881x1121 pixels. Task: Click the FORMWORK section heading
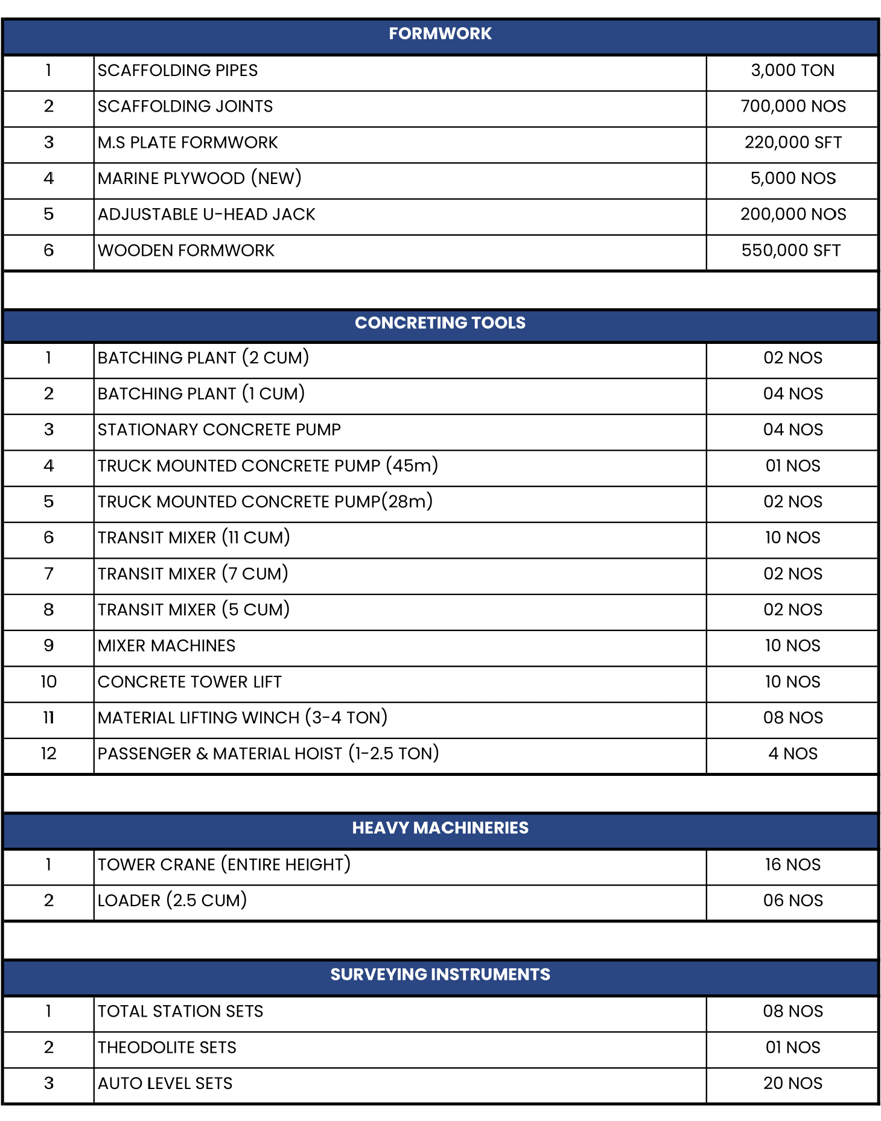[440, 34]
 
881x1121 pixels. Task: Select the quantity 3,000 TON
[792, 71]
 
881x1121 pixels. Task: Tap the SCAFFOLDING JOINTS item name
[185, 107]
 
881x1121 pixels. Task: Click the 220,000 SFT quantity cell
[792, 142]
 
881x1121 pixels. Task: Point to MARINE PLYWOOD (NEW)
[200, 179]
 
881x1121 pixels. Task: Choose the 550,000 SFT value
[791, 250]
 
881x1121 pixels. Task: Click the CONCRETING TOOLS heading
[440, 323]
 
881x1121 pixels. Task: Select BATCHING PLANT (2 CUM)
[203, 358]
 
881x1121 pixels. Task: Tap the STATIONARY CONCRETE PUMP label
[219, 430]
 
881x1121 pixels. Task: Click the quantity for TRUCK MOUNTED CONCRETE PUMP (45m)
[792, 466]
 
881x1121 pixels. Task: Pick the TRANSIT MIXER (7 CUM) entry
[193, 574]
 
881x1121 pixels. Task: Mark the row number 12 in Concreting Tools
[48, 754]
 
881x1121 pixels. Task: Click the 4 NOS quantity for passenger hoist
[792, 754]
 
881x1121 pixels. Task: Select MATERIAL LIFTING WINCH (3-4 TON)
[243, 718]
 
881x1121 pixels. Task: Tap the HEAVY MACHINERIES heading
[440, 828]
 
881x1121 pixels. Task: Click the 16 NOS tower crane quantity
[792, 865]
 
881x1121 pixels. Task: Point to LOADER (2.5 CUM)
[173, 901]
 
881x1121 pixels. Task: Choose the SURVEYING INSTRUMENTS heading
[440, 974]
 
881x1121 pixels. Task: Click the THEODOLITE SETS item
[167, 1047]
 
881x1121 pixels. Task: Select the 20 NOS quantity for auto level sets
[792, 1084]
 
